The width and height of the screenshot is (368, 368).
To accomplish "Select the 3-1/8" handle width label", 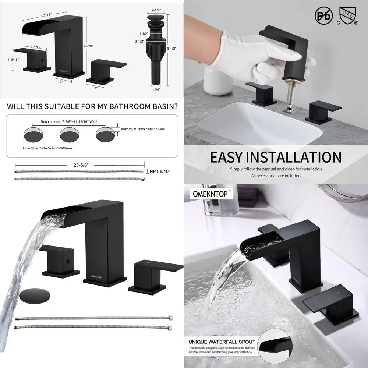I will pos(35,47).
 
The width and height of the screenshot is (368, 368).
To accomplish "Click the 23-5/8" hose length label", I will pos(79,166).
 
